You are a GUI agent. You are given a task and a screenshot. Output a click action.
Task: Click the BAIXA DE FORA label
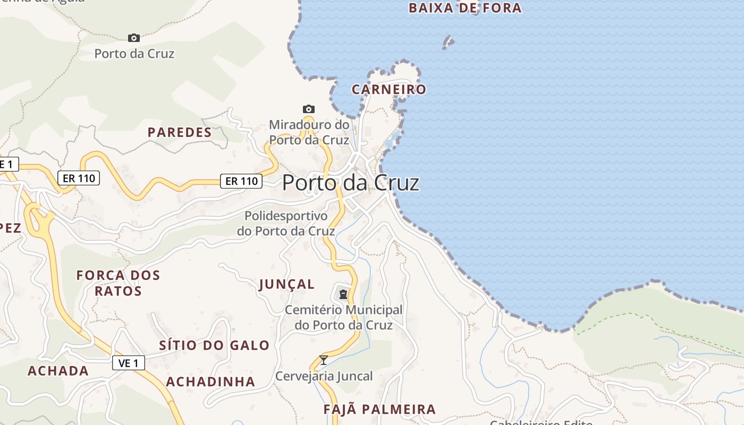coord(465,8)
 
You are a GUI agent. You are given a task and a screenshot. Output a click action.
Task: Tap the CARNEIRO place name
coord(389,89)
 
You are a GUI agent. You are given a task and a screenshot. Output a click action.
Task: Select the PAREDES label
coord(180,132)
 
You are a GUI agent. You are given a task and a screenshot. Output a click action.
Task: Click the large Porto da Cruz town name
coord(351,183)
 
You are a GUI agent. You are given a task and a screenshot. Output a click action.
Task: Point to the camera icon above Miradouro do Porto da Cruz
coord(308,109)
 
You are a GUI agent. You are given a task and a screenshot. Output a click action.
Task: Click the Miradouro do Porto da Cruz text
coord(309,132)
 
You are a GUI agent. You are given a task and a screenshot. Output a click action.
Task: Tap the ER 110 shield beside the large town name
coord(242,181)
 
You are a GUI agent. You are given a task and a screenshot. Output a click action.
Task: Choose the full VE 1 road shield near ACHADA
coord(129,363)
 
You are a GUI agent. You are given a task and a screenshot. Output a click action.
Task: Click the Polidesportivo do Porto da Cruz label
coord(286,224)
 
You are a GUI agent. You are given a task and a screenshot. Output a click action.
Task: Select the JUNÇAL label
coord(287,284)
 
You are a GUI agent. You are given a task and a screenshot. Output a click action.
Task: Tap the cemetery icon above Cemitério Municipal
coord(343,294)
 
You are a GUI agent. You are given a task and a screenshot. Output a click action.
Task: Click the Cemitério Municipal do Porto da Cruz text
coord(344,317)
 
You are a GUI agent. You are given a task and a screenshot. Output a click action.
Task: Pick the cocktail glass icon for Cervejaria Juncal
coord(323,360)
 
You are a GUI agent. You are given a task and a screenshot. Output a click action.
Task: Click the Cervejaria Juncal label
coord(324,376)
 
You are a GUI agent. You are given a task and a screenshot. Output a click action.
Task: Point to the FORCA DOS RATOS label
coord(118,283)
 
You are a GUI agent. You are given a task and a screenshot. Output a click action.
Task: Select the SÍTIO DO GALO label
coord(214,345)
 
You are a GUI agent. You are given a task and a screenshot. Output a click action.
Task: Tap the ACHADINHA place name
coord(210,381)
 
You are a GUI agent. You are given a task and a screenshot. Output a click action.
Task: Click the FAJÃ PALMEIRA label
coord(379,410)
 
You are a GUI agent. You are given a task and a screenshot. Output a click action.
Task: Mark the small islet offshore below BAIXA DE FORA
coord(449,42)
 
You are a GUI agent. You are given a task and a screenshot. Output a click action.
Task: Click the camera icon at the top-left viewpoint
coord(134,38)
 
